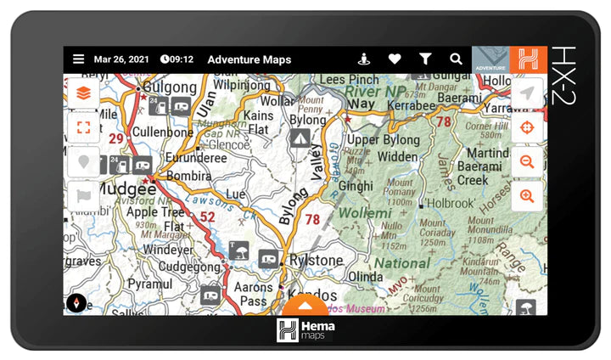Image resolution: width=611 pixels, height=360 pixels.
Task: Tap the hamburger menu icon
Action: point(78,59)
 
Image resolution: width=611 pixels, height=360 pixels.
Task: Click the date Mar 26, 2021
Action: point(121,59)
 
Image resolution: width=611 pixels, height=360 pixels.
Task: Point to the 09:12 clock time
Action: point(177,59)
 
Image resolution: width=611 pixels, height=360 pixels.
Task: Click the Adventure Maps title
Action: point(249,59)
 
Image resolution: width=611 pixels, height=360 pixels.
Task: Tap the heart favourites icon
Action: point(395,59)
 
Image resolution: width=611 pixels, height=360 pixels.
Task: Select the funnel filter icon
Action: point(425,59)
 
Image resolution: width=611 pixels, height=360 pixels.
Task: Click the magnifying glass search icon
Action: point(456,59)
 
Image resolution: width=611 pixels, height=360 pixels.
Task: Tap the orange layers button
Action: point(83,93)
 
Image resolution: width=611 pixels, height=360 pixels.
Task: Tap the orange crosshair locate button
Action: point(527,127)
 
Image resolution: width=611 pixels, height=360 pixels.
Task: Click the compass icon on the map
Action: point(76,303)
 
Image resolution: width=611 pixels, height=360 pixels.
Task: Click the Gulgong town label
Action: point(169,87)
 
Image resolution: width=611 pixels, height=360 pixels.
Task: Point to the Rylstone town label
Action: point(317,260)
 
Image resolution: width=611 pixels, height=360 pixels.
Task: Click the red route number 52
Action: point(207,218)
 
